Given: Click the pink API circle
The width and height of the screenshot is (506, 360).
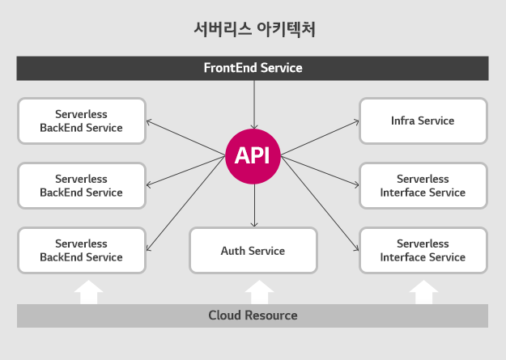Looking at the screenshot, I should [253, 155].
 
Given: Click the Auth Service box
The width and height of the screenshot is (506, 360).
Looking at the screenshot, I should [253, 251].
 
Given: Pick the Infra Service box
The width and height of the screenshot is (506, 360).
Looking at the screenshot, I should [423, 121].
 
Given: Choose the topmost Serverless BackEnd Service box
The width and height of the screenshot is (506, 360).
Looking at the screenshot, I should [81, 121].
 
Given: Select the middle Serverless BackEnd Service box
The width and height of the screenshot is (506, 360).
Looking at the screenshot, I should [81, 185].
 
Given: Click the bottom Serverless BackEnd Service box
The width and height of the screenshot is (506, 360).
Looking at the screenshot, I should [81, 250].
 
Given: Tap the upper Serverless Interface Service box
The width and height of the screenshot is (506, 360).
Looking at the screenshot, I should [423, 185].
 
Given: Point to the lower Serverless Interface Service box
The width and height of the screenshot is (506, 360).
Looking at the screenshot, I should [423, 250].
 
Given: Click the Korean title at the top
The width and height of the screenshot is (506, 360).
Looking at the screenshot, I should [253, 30].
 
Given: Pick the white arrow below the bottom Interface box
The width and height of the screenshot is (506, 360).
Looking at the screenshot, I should [424, 291].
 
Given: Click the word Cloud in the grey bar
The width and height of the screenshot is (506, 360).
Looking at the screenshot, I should [223, 316].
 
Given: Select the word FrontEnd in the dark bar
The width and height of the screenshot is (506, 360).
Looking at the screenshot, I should [231, 68].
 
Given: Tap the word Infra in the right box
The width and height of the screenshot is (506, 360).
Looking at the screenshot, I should [403, 121].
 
